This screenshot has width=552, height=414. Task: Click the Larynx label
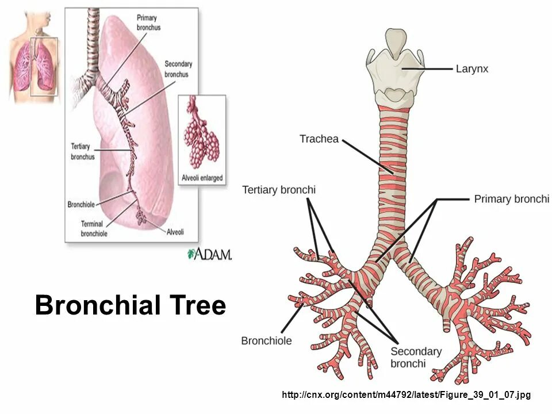coord(471,69)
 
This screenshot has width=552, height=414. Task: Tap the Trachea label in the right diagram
coord(319,139)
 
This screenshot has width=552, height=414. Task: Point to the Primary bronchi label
coord(511,199)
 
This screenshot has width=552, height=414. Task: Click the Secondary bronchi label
coord(416,357)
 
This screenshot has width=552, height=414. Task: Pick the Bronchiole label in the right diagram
coord(266,340)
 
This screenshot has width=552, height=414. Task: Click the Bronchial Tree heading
coord(131,305)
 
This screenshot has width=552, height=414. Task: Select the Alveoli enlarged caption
coord(202,178)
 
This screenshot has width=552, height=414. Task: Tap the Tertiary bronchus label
coord(82,151)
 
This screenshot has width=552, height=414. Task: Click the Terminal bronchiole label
coord(93,229)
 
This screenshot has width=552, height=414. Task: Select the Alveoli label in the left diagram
coord(175,232)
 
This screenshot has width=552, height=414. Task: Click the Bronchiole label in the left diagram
coord(81,204)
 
